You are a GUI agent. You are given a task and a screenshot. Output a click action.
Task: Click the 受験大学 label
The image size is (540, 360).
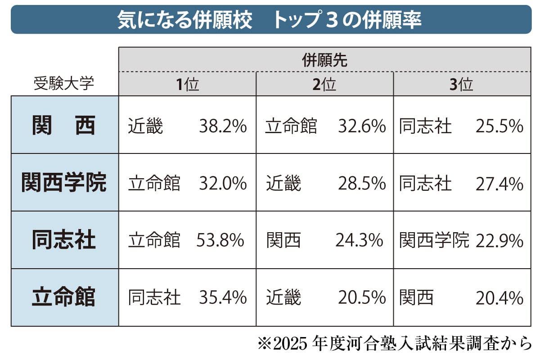(x=64, y=84)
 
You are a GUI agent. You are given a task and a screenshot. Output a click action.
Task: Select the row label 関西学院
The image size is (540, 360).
(x=64, y=183)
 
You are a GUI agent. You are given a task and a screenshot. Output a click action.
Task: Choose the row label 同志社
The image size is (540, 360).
(x=64, y=240)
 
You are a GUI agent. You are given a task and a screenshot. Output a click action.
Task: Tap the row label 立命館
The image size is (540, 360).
(x=64, y=297)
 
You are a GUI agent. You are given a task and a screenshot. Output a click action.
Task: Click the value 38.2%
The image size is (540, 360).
(x=223, y=126)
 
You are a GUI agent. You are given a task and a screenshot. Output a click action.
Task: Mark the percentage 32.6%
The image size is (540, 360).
(x=362, y=126)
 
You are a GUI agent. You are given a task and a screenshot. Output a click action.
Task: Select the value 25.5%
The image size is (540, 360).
(x=499, y=126)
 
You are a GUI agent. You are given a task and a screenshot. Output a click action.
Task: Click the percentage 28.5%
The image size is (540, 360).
(x=362, y=184)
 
